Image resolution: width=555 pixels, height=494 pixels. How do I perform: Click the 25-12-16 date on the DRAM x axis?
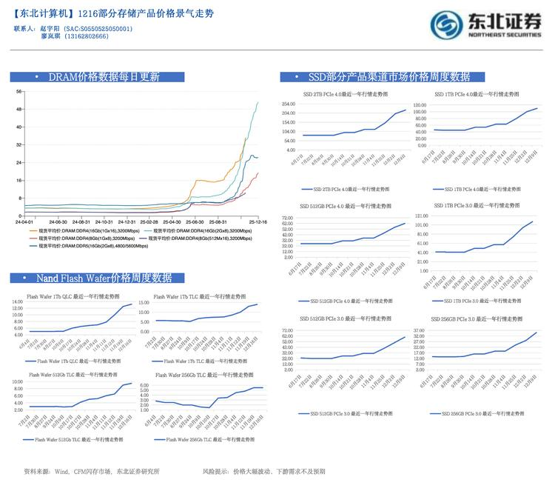coord(258,221)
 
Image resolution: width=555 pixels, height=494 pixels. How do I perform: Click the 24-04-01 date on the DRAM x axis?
coord(24,221)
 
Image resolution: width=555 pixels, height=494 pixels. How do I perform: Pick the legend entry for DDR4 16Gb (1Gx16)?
coord(82,230)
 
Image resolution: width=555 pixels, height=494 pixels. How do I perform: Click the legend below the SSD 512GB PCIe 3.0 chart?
coord(346,413)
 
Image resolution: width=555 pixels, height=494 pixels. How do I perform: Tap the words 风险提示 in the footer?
coord(217,471)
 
